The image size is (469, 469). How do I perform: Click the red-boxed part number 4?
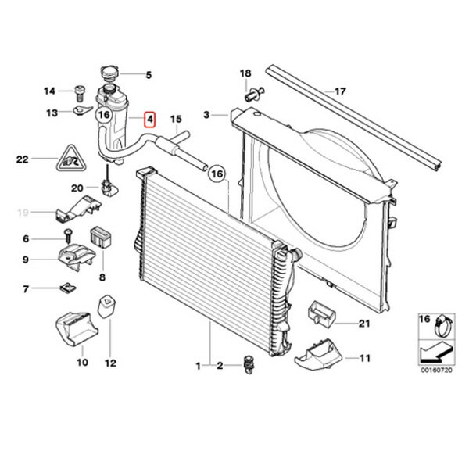pyautogui.click(x=149, y=119)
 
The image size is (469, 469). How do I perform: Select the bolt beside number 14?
pyautogui.click(x=80, y=93)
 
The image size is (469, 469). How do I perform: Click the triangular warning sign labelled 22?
pyautogui.click(x=71, y=159)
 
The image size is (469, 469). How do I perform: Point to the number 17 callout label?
pyautogui.click(x=340, y=91)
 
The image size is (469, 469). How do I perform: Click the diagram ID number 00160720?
pyautogui.click(x=437, y=370)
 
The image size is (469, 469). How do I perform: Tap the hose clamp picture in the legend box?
pyautogui.click(x=444, y=325)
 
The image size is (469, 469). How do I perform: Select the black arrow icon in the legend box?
pyautogui.click(x=436, y=352)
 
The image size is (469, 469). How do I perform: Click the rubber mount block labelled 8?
pyautogui.click(x=101, y=237)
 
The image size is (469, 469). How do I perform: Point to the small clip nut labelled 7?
pyautogui.click(x=68, y=288)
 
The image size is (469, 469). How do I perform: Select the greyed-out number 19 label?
pyautogui.click(x=23, y=213)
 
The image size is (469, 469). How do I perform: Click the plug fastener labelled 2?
pyautogui.click(x=248, y=364)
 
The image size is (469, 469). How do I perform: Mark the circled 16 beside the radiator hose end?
pyautogui.click(x=217, y=174)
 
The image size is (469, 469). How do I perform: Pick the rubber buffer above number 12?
pyautogui.click(x=106, y=306)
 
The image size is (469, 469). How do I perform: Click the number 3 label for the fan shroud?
pyautogui.click(x=206, y=115)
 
